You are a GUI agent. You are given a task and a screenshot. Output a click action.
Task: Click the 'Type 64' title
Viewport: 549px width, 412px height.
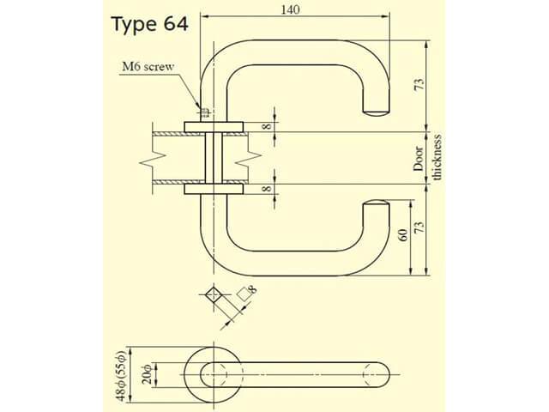coord(150,24)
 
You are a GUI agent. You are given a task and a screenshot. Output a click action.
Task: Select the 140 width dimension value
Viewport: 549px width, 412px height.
coord(290,9)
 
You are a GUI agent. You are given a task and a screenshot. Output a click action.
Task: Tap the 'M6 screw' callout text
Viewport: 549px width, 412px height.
coord(148,67)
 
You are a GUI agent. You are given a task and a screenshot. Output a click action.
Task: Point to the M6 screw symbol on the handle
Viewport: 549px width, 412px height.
coord(205,112)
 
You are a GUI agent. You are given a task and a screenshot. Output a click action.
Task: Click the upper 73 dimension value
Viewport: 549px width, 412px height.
coord(419,85)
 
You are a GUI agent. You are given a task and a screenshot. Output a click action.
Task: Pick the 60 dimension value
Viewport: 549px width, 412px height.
coord(403,234)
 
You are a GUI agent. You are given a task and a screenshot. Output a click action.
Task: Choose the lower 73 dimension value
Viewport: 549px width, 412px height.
coord(419,227)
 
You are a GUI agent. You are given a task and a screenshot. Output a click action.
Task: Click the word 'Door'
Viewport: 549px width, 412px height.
coord(419,159)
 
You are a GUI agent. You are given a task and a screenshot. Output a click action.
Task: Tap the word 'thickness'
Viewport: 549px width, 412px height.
coord(437,157)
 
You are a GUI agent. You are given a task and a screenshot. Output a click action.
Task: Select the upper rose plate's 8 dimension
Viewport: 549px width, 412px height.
coord(267,125)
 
